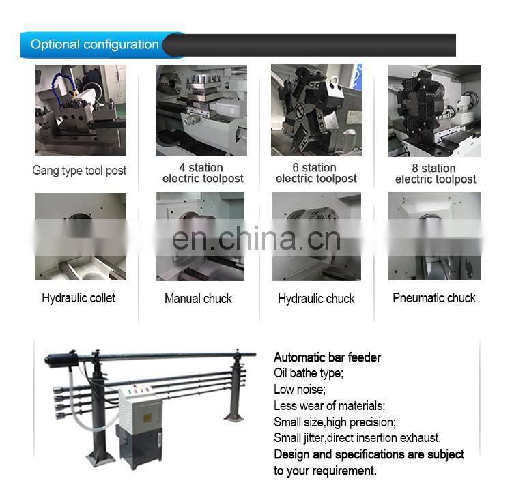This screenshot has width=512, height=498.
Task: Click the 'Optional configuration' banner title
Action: [94, 44]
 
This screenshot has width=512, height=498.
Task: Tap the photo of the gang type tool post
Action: [81, 110]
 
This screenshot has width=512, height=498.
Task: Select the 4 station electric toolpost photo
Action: [201, 111]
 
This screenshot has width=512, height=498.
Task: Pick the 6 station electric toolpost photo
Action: [316, 110]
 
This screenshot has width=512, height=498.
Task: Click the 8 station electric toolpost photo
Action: [434, 111]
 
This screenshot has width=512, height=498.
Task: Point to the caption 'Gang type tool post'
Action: [79, 171]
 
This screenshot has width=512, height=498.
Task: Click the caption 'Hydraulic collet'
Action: [79, 297]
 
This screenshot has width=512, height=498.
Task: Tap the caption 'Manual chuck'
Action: [198, 298]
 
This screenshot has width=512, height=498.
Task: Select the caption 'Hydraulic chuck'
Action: [316, 298]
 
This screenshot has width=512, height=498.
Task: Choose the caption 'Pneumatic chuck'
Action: [434, 297]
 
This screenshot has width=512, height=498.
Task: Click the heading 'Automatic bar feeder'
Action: [327, 357]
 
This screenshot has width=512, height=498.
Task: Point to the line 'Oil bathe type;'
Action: [309, 373]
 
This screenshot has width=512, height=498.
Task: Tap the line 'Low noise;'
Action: [300, 390]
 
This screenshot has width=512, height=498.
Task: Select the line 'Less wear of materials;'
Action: [330, 406]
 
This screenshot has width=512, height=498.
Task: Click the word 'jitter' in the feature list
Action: [315, 438]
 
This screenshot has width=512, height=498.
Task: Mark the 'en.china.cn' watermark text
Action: [256, 239]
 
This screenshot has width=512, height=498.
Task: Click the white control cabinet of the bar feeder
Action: [141, 410]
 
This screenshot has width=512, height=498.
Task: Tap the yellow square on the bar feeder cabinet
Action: [147, 418]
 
